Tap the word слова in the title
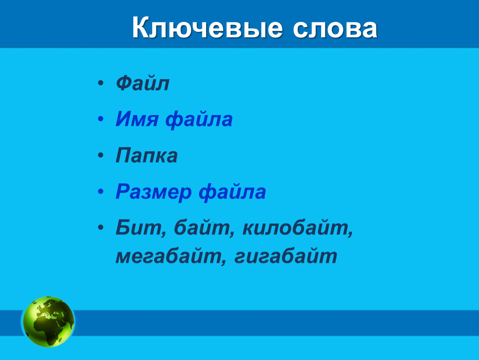pyautogui.click(x=335, y=29)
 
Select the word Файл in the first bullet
pyautogui.click(x=142, y=83)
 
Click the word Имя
pyautogui.click(x=137, y=119)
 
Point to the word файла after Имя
pyautogui.click(x=199, y=119)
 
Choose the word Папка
pyautogui.click(x=146, y=155)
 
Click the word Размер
pyautogui.click(x=153, y=192)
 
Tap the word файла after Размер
pyautogui.click(x=232, y=192)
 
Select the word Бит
pyautogui.click(x=141, y=227)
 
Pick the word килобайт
pyautogui.click(x=297, y=227)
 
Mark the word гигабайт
pyautogui.click(x=286, y=256)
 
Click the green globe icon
pyautogui.click(x=48, y=322)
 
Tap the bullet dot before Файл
pyautogui.click(x=101, y=83)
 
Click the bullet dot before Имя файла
pyautogui.click(x=101, y=119)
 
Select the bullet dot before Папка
pyautogui.click(x=101, y=155)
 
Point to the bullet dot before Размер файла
pyautogui.click(x=101, y=192)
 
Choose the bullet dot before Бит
pyautogui.click(x=101, y=227)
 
